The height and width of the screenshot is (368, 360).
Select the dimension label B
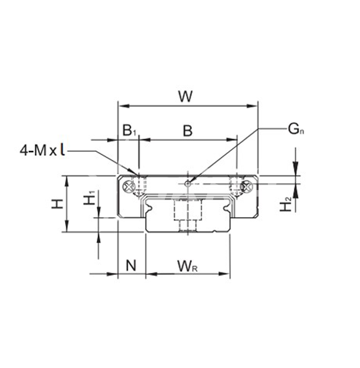(187, 130)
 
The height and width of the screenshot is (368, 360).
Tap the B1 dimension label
(129, 130)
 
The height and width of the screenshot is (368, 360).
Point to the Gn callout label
(296, 129)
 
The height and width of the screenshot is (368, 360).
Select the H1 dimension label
(89, 199)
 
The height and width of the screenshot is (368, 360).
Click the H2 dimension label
(287, 204)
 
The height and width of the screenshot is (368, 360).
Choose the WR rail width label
(187, 265)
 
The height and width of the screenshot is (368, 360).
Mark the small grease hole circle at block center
(188, 183)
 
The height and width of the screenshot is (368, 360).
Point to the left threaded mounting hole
(141, 186)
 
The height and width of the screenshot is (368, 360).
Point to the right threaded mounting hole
(235, 186)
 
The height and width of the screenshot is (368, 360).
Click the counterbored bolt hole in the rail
(187, 214)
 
